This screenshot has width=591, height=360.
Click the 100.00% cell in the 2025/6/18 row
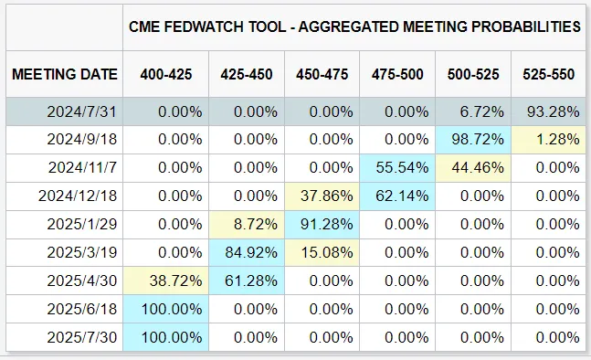point(172,309)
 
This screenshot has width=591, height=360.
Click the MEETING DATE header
point(65,74)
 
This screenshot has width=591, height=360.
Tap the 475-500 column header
point(397,74)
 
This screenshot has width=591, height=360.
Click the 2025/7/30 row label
point(81,337)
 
